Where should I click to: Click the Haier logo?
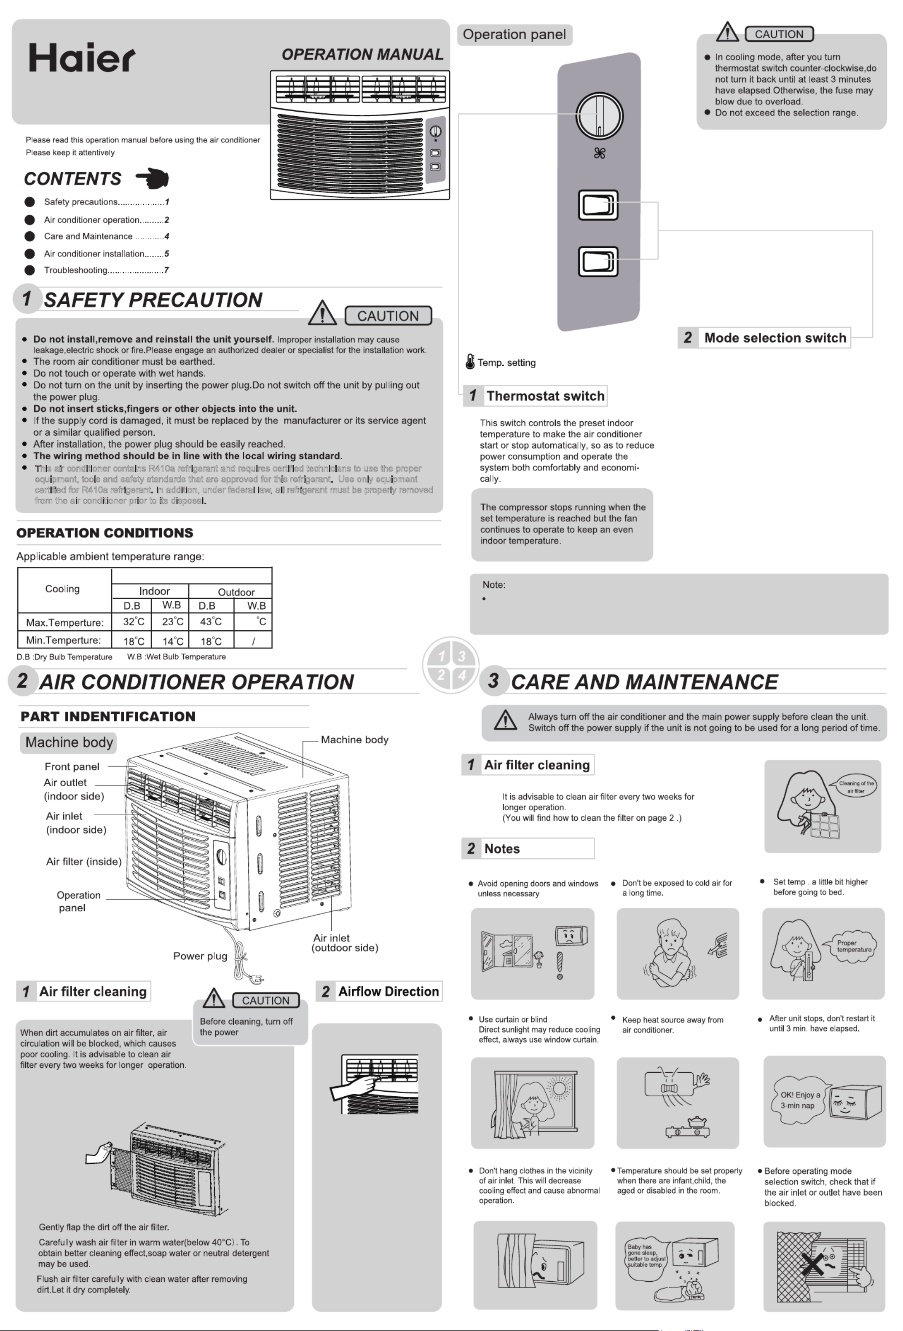(x=82, y=58)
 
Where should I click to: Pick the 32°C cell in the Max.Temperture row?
(x=134, y=622)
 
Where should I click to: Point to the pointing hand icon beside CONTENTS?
(x=152, y=178)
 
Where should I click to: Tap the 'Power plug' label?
(x=200, y=956)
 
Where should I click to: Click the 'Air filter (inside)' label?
(x=83, y=861)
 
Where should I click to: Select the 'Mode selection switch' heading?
(x=775, y=338)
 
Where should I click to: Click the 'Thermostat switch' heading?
(x=545, y=396)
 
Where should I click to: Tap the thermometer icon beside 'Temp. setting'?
(x=470, y=362)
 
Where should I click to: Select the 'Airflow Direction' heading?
(x=388, y=991)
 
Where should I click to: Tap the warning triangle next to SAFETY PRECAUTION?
(x=322, y=312)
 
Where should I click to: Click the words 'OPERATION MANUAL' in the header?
(x=362, y=54)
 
